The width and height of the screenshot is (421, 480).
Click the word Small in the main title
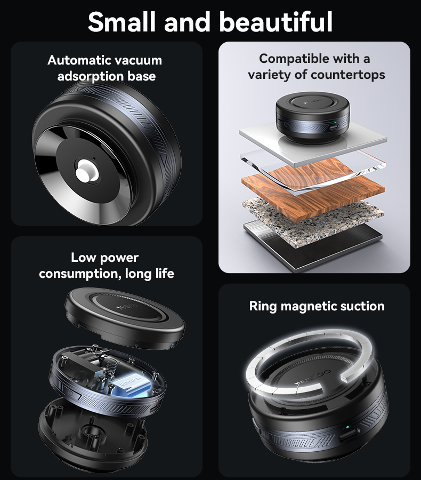[122, 21]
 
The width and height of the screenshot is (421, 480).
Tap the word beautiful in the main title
[276, 21]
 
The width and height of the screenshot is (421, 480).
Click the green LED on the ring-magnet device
[347, 427]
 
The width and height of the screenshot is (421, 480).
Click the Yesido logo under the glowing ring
[313, 378]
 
